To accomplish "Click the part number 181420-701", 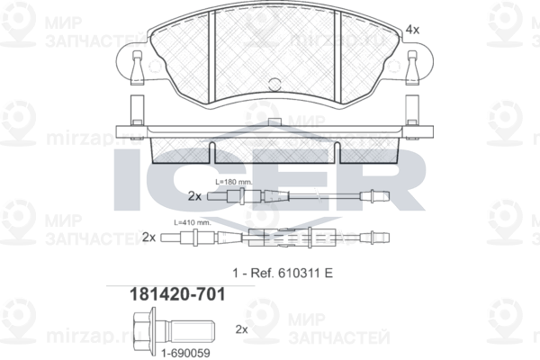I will tap(166, 293).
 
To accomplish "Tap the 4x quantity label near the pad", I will tap(413, 31).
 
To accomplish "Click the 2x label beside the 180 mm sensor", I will tap(194, 195).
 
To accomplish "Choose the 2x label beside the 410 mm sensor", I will tap(149, 237).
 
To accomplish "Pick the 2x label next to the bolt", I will tap(240, 330).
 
